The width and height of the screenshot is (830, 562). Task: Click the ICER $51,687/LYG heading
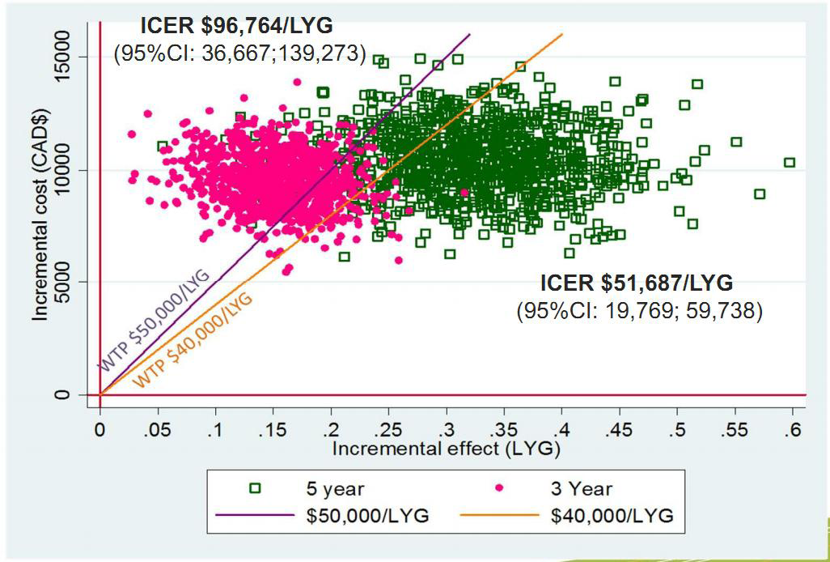[637, 283]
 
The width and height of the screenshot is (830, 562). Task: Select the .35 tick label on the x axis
[502, 429]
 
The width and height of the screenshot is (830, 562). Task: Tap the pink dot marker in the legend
[498, 487]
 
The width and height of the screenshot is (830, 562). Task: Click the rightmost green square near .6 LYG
[790, 162]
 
